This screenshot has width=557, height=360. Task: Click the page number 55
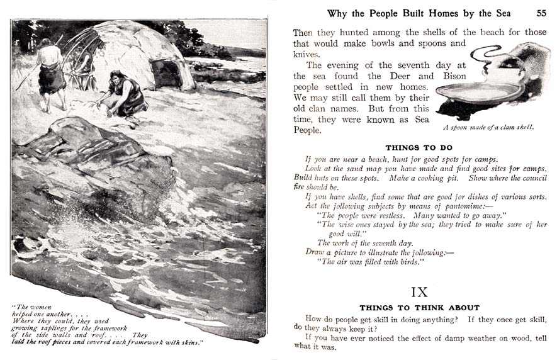point(541,13)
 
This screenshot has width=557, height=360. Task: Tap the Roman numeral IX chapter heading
point(420,293)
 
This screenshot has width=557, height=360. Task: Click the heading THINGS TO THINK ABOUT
point(420,308)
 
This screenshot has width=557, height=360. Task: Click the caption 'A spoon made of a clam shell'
point(488,127)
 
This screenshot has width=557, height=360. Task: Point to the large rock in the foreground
point(94,157)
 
